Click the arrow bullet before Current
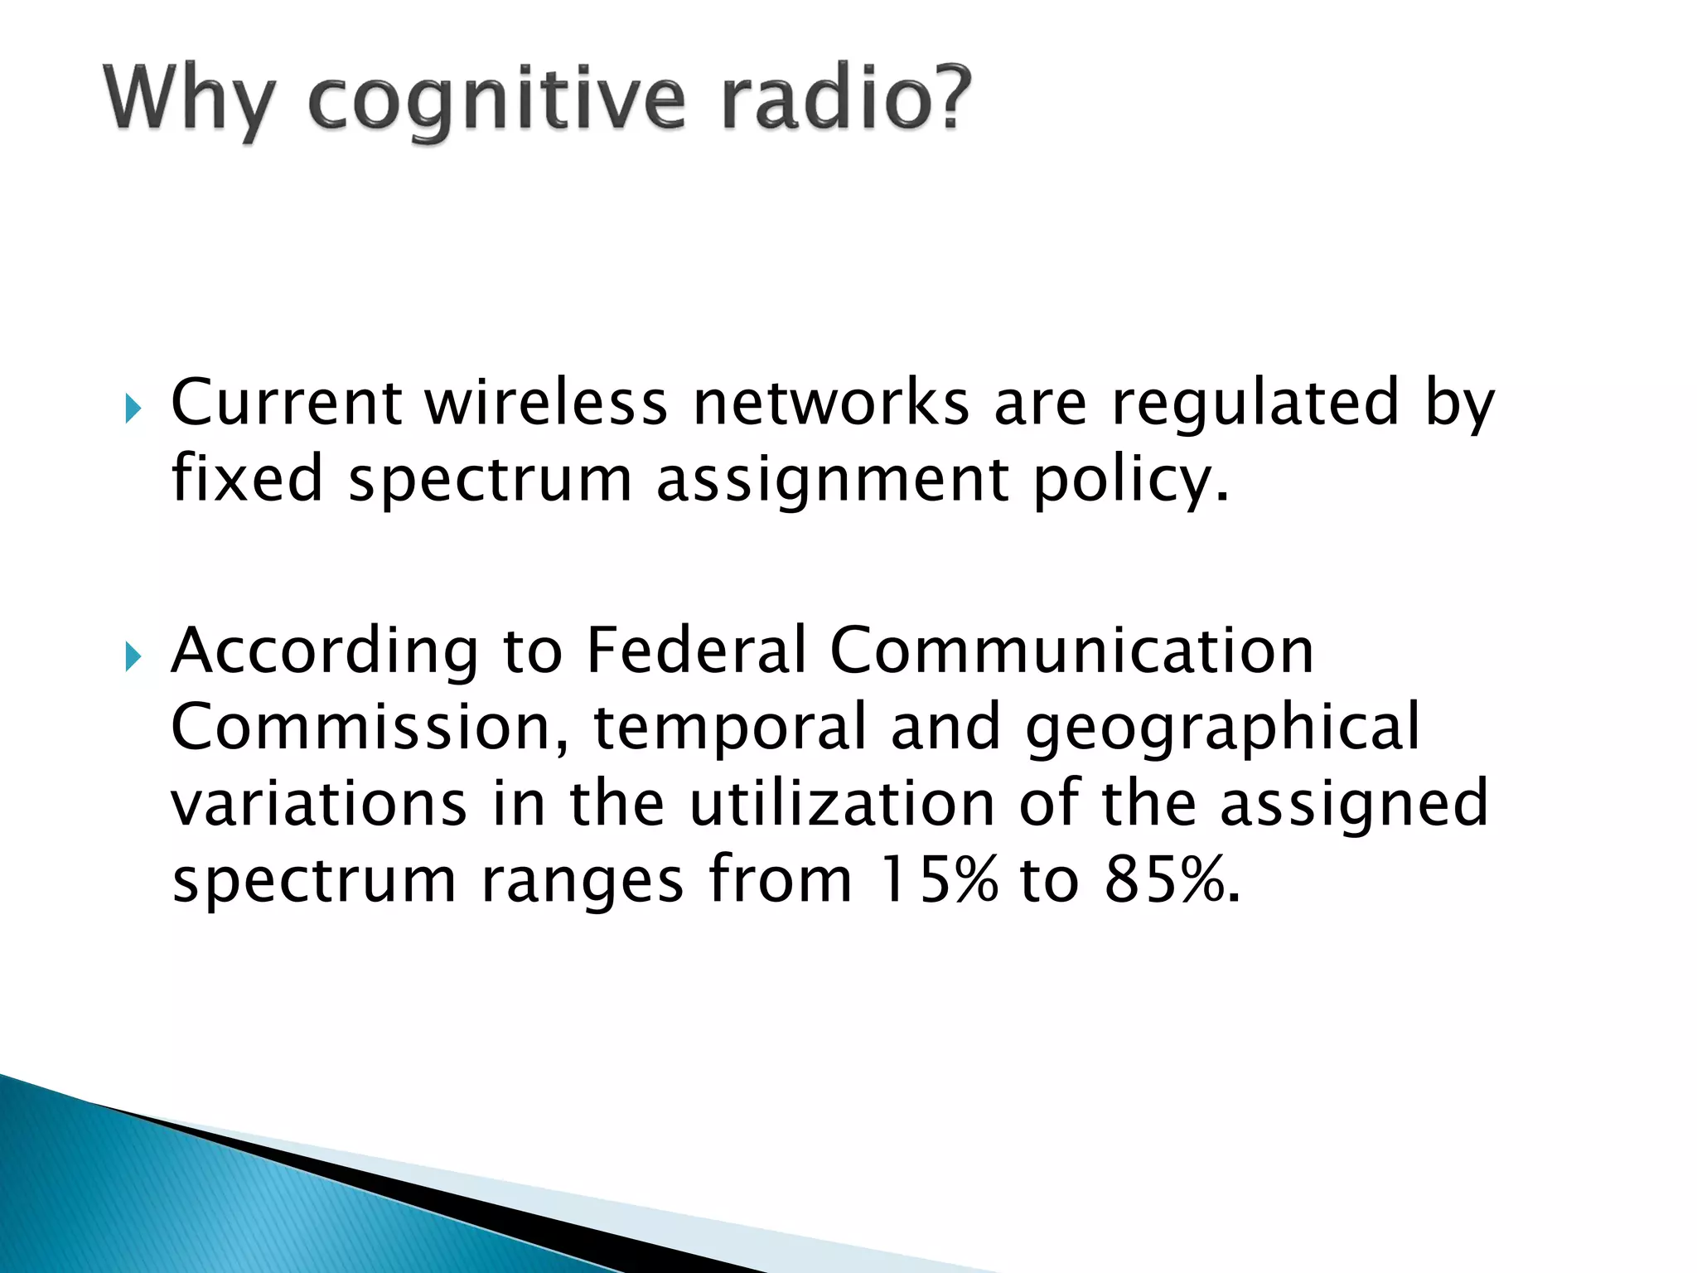click(x=133, y=409)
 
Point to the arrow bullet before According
click(x=133, y=657)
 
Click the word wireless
click(x=546, y=403)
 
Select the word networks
click(x=830, y=403)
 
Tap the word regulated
click(x=1255, y=403)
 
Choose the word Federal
click(x=696, y=650)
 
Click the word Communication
click(x=1071, y=650)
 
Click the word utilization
click(x=842, y=804)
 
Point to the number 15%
click(x=937, y=880)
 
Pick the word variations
click(x=319, y=804)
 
